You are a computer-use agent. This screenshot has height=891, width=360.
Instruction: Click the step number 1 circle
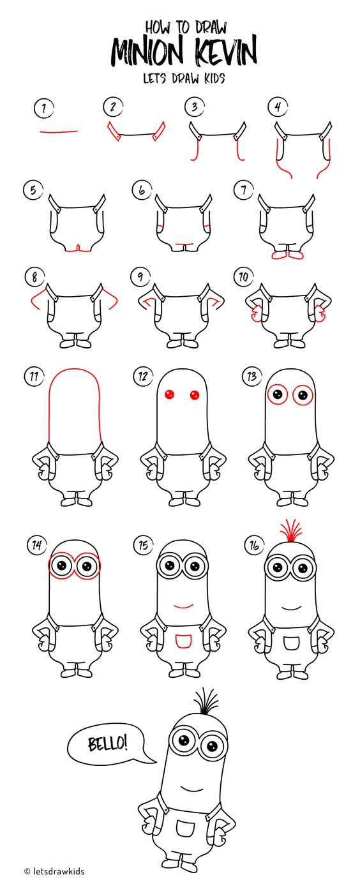(44, 108)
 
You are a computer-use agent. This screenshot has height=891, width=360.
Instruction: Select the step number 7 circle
(244, 191)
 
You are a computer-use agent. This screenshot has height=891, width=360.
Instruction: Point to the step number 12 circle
(142, 377)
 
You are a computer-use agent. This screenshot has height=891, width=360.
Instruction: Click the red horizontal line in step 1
(59, 131)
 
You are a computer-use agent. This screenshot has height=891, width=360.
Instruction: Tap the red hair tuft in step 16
(292, 530)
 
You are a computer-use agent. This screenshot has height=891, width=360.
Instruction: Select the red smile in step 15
(183, 607)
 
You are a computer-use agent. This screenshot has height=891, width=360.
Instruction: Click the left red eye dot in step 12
(169, 394)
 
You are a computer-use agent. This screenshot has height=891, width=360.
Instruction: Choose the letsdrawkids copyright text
(54, 879)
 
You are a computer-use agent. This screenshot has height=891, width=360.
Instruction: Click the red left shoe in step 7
(279, 255)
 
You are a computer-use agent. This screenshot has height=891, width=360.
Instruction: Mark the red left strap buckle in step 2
(114, 131)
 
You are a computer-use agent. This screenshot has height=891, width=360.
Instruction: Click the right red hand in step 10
(320, 313)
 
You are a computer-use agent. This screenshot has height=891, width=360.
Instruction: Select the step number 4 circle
(278, 107)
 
